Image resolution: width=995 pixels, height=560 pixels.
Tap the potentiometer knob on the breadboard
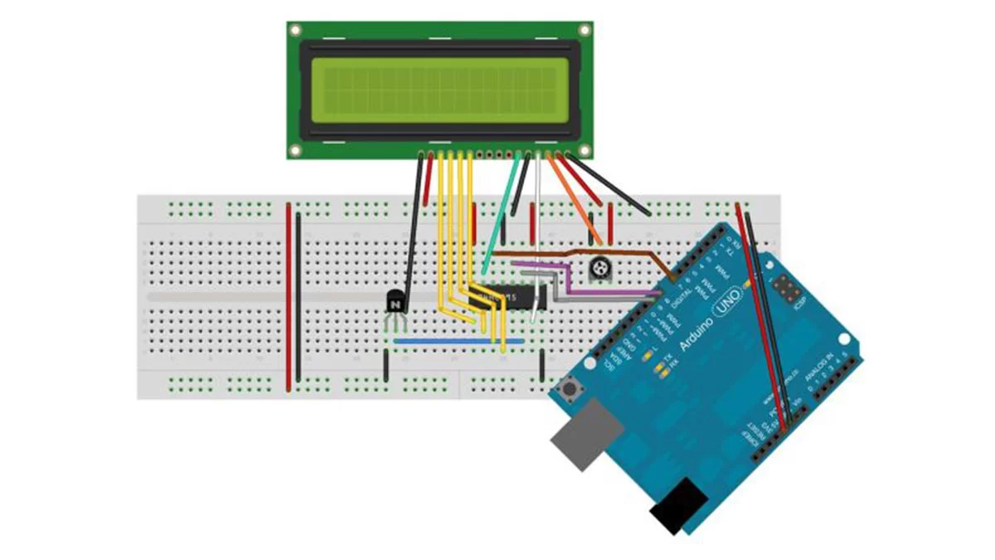pyautogui.click(x=598, y=267)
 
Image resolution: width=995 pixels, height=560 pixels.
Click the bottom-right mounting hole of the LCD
pyautogui.click(x=585, y=150)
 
